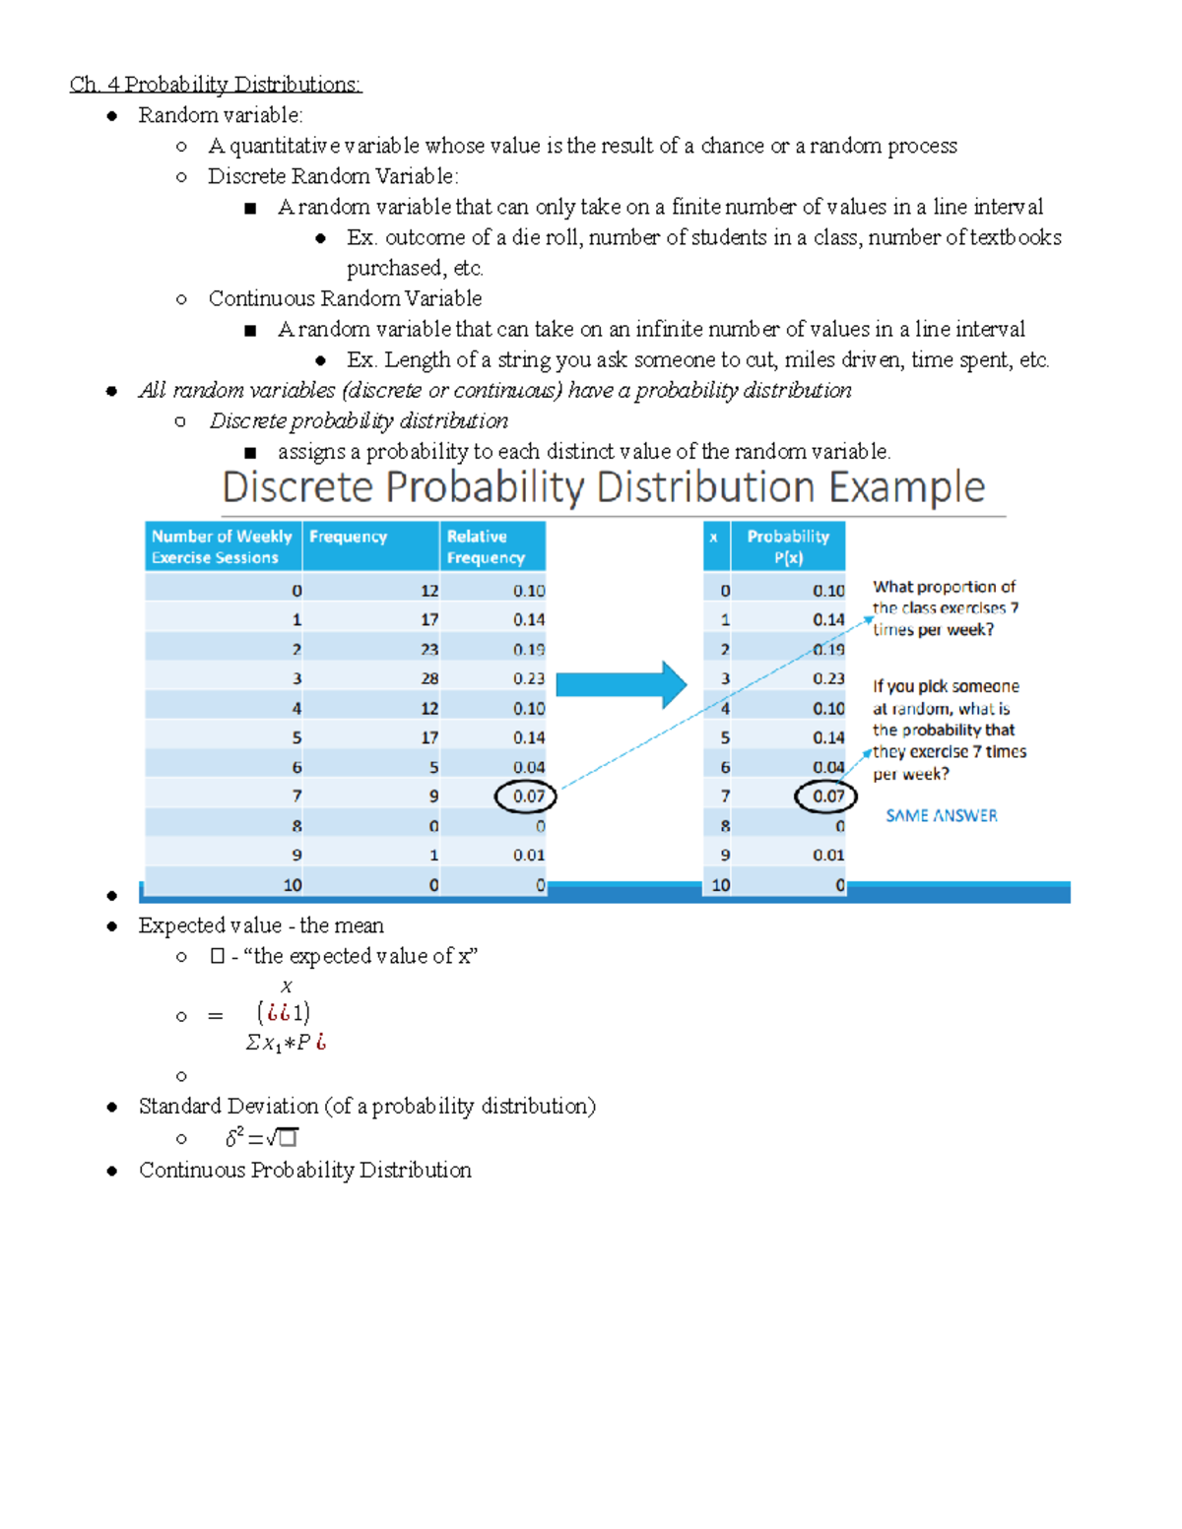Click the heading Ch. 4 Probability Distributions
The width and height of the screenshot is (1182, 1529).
pyautogui.click(x=216, y=85)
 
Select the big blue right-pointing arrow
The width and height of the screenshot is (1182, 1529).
pyautogui.click(x=622, y=685)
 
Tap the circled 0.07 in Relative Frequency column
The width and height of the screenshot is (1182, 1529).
pyautogui.click(x=527, y=796)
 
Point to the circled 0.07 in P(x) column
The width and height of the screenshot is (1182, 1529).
pyautogui.click(x=826, y=796)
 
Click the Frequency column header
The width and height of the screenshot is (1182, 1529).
pyautogui.click(x=349, y=537)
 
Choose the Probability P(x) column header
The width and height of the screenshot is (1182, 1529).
pyautogui.click(x=788, y=546)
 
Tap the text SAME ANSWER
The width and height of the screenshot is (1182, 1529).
pyautogui.click(x=941, y=815)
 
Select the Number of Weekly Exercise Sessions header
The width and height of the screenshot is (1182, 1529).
pyautogui.click(x=222, y=546)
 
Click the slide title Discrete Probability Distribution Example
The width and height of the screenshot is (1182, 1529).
pyautogui.click(x=603, y=487)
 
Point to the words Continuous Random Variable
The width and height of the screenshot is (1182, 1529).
pyautogui.click(x=345, y=298)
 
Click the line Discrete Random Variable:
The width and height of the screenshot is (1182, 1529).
pyautogui.click(x=333, y=176)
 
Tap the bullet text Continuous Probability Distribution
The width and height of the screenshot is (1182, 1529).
pyautogui.click(x=304, y=1170)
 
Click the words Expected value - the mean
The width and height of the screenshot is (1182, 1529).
pyautogui.click(x=261, y=925)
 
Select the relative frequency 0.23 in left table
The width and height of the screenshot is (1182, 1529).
pyautogui.click(x=528, y=678)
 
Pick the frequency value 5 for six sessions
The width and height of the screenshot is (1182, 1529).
pyautogui.click(x=433, y=767)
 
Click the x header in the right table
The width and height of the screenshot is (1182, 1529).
pyautogui.click(x=714, y=538)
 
